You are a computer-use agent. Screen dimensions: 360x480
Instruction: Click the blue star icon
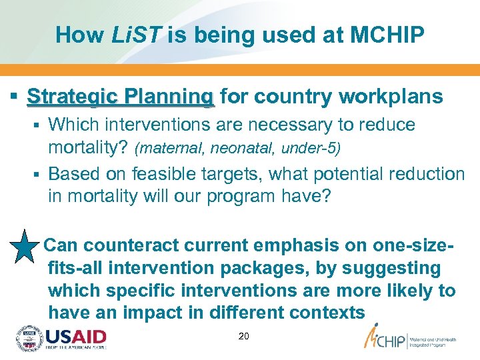25,246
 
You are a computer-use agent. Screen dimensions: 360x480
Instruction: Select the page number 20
243,337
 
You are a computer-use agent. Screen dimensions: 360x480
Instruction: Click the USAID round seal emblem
29,339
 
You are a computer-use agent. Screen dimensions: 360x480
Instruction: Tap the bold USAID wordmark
75,336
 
